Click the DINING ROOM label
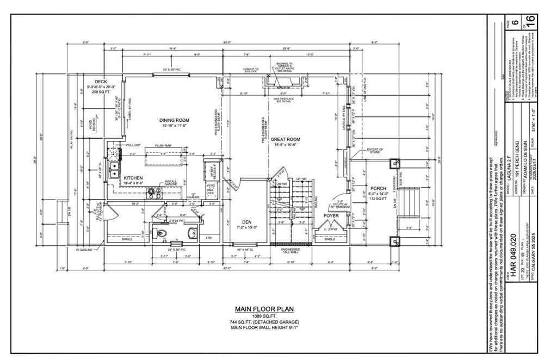174,120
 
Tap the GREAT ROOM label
286,140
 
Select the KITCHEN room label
133,178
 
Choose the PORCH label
379,189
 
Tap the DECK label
101,82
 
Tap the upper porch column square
394,163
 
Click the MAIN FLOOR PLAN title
264,309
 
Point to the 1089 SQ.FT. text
264,316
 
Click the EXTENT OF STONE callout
375,151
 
